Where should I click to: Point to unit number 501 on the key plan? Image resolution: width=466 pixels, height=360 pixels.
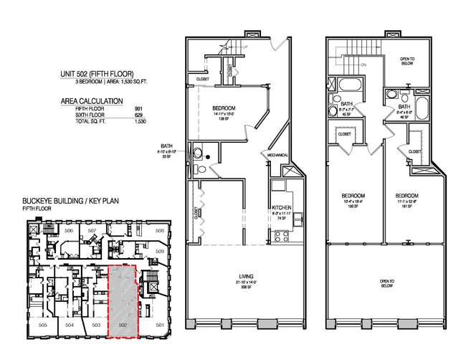tap(160, 326)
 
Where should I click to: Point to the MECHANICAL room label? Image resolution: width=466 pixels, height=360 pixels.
tap(278, 154)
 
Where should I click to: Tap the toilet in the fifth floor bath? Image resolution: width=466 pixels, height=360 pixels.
tap(201, 169)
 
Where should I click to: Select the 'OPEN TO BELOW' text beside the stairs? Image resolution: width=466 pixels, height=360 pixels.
tap(407, 60)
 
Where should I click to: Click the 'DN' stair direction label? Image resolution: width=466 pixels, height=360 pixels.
tap(363, 64)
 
